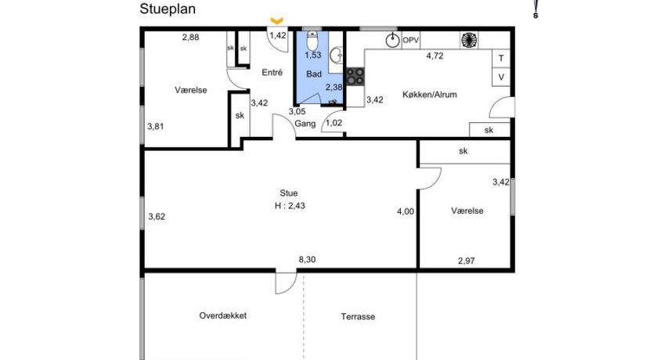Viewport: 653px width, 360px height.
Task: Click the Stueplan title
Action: click(168, 9)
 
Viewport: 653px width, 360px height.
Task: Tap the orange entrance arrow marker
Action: click(277, 20)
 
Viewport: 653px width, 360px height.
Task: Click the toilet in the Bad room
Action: click(312, 41)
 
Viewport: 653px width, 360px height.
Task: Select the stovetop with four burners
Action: click(355, 77)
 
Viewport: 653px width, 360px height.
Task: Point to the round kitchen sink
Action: click(392, 41)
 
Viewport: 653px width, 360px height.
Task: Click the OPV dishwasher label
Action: click(410, 41)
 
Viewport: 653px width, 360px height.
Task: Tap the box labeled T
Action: click(501, 58)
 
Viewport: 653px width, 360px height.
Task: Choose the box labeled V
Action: click(501, 77)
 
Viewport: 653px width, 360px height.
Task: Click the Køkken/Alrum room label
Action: click(429, 95)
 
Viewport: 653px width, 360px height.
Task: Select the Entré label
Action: click(272, 73)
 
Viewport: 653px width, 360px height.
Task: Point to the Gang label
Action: click(305, 124)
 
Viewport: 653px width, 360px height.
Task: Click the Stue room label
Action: click(289, 193)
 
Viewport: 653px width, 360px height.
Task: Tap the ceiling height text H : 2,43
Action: click(290, 206)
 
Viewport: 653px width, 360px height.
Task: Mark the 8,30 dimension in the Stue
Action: click(307, 260)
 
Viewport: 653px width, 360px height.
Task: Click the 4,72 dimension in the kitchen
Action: click(435, 56)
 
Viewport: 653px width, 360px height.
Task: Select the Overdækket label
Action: click(223, 315)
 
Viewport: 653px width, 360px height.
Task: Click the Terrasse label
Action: click(358, 317)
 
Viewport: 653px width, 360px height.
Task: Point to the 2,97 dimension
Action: click(467, 261)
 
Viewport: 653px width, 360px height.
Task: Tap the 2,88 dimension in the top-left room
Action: click(191, 37)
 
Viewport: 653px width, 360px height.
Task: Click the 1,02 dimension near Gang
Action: click(334, 123)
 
